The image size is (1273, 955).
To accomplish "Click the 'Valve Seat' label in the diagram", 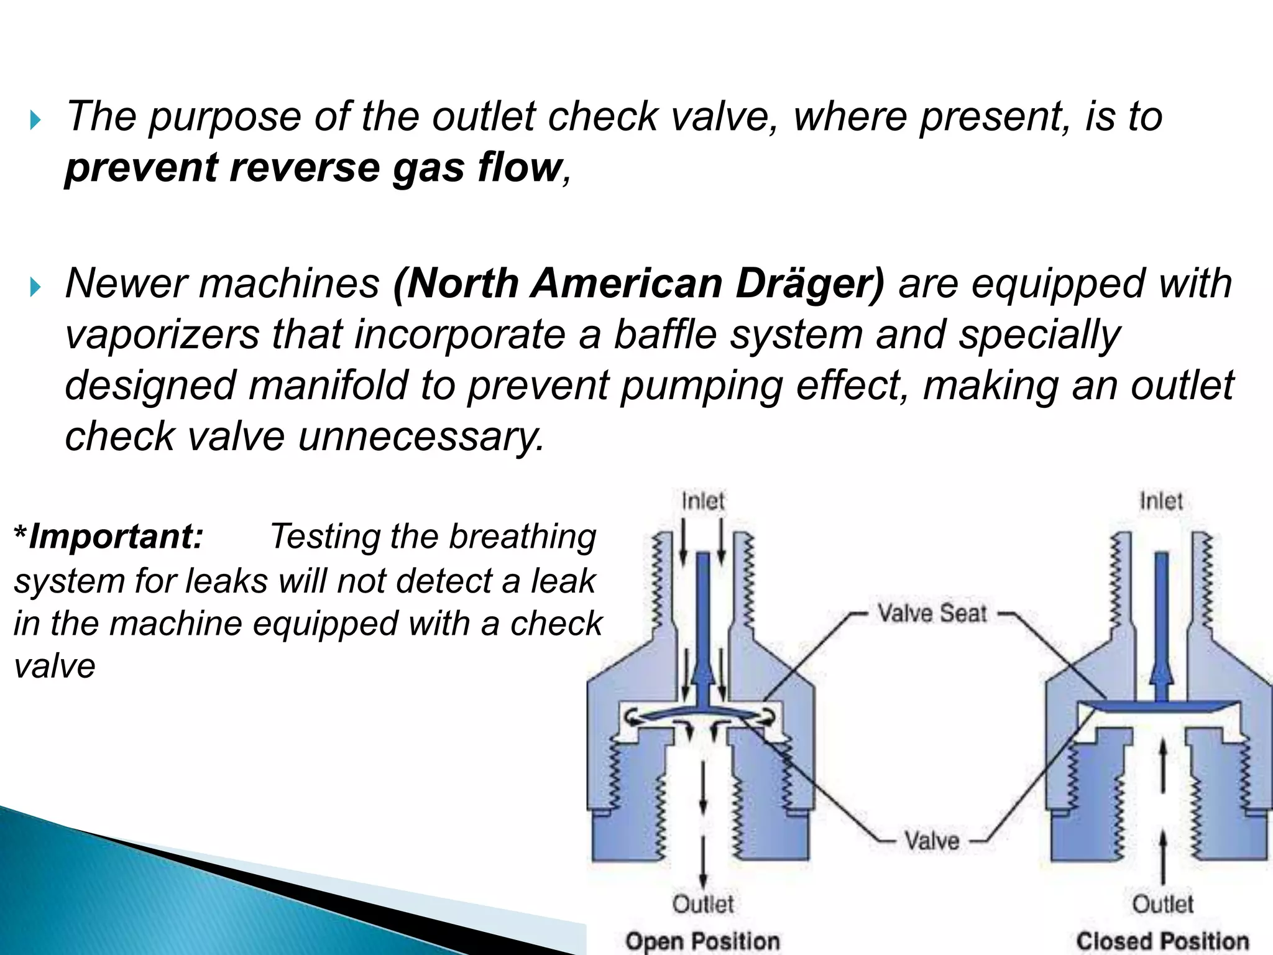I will click(x=932, y=614).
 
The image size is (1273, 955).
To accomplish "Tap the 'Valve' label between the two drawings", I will click(x=932, y=841).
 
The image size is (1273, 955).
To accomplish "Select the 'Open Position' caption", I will click(x=702, y=941).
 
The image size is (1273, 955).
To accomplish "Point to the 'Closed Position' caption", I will click(x=1162, y=941).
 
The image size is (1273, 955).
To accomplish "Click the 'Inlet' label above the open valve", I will click(x=703, y=501).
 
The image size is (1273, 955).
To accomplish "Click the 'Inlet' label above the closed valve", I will click(x=1161, y=501).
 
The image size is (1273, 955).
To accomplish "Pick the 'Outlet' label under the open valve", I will click(x=703, y=904).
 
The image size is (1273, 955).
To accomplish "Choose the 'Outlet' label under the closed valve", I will click(x=1162, y=904).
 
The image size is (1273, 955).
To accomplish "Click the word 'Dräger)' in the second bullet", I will click(x=809, y=284).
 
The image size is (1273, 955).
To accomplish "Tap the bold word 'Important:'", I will click(x=116, y=537).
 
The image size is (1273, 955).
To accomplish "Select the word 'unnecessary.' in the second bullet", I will click(x=421, y=436).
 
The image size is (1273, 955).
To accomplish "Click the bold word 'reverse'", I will click(x=305, y=168).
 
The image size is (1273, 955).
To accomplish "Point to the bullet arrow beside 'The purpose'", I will click(x=35, y=119).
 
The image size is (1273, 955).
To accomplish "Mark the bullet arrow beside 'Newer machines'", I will click(x=35, y=287).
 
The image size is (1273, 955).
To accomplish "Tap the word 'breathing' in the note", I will click(x=523, y=538).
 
